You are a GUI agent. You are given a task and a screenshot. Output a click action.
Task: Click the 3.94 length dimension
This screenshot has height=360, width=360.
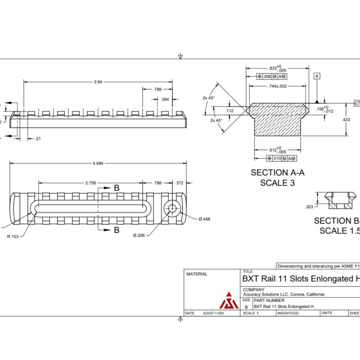coord(97,82)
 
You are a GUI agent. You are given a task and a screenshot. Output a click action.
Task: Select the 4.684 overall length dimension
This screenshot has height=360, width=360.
coord(98,164)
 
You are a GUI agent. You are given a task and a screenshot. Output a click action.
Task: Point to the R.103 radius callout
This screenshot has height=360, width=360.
coord(14,235)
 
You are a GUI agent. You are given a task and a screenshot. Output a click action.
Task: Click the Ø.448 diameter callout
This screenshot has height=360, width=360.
coord(204,219)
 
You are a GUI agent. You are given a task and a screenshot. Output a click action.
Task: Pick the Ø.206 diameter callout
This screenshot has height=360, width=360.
coord(139,235)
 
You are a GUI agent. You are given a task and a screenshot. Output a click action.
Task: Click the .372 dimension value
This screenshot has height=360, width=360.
coord(180,183)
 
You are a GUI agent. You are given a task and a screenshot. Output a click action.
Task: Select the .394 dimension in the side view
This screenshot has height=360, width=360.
coord(165,99)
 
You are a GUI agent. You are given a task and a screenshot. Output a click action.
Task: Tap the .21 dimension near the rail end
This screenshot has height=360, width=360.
coord(38,139)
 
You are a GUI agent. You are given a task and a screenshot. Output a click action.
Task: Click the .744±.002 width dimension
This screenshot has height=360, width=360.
coord(277,86)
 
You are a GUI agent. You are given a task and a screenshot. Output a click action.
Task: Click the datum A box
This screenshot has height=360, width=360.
coord(317,76)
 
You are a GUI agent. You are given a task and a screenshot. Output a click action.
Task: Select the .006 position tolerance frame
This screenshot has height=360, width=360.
coord(272,76)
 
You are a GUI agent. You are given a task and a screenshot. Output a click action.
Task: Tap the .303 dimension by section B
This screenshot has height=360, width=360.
coord(309,207)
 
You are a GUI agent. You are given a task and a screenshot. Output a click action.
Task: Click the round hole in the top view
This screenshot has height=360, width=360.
coord(171,208)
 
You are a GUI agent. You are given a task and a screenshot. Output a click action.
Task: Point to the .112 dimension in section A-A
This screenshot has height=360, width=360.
coord(229,111)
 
